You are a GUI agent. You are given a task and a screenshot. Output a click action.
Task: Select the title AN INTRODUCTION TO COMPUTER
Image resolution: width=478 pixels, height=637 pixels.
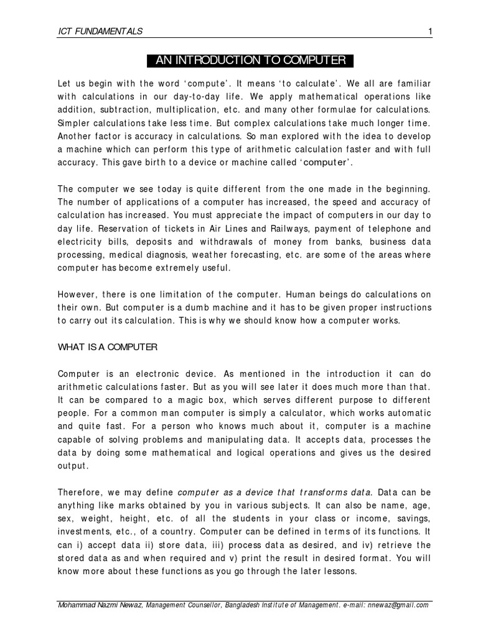(x=251, y=60)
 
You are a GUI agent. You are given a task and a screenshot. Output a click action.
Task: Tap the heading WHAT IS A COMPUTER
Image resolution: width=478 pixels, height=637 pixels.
(x=108, y=347)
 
